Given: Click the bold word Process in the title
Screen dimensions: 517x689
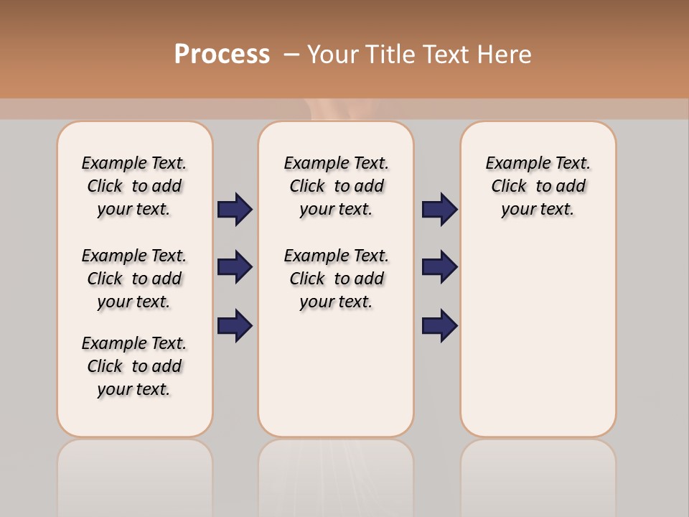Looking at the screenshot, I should click(x=222, y=55).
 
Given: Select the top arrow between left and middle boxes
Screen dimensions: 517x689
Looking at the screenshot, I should click(x=235, y=210).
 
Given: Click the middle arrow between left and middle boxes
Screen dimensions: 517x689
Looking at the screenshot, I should click(x=235, y=267).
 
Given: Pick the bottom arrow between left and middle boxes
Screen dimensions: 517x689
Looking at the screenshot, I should click(x=235, y=325).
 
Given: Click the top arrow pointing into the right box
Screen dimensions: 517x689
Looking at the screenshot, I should click(x=439, y=210).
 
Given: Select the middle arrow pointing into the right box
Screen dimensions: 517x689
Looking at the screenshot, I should click(x=439, y=267).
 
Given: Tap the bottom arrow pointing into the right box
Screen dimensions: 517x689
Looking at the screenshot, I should click(x=439, y=325).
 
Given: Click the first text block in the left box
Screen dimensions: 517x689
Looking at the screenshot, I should click(x=134, y=186).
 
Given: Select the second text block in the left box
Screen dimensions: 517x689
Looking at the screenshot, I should click(x=134, y=279).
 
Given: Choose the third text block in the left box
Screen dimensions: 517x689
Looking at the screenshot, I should click(x=134, y=366).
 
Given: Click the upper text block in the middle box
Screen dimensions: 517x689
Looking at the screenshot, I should click(x=336, y=186).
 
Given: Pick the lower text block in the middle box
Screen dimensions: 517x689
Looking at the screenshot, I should click(x=336, y=279).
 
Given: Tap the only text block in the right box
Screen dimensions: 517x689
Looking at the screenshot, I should click(x=538, y=186).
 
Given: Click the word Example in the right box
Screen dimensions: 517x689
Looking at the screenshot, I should click(x=513, y=164).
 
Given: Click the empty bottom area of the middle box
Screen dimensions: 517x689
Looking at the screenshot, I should click(x=336, y=381).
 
